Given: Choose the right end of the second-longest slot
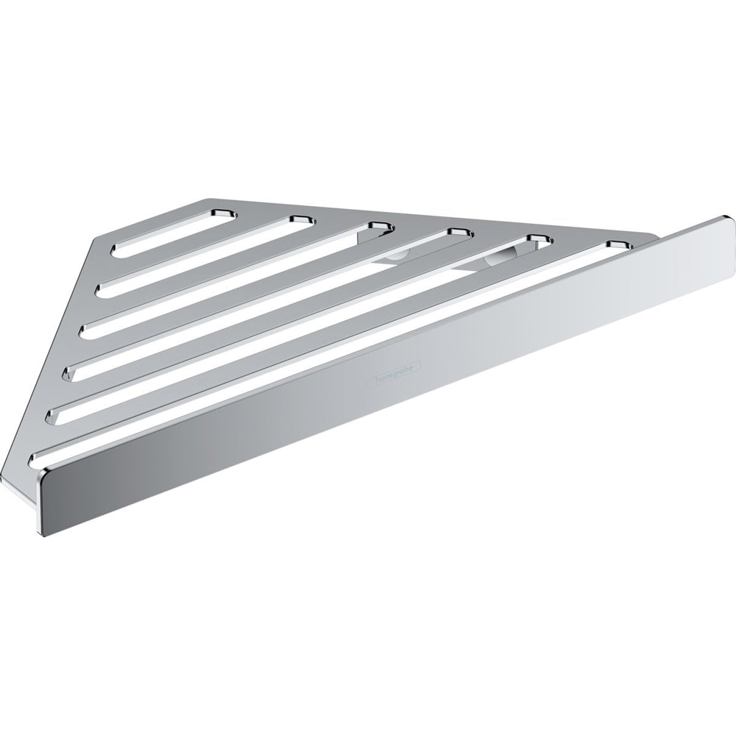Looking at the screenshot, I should click(x=539, y=238).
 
